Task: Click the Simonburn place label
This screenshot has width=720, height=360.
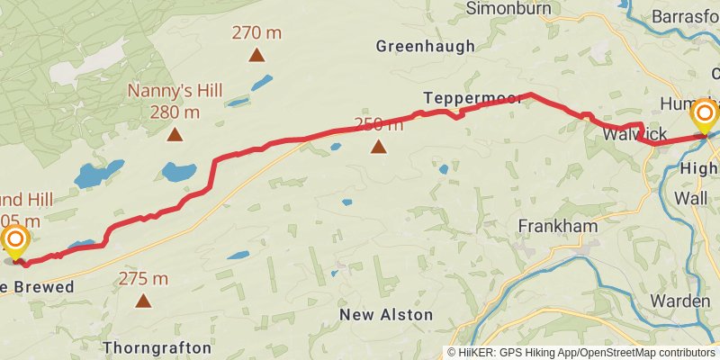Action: tap(508, 8)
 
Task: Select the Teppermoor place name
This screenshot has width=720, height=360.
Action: tap(472, 97)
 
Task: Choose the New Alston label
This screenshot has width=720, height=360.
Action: tap(386, 315)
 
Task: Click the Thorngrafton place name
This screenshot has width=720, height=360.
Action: tap(157, 347)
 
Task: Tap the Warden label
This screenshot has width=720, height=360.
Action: tap(680, 301)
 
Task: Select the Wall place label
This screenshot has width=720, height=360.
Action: tap(691, 197)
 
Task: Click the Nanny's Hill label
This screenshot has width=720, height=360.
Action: tap(175, 91)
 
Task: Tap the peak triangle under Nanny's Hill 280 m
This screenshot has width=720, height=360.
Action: tap(175, 136)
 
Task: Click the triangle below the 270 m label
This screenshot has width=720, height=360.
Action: tap(257, 55)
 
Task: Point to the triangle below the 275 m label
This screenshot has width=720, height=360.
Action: tap(143, 301)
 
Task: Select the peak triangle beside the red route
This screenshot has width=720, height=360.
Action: tap(379, 146)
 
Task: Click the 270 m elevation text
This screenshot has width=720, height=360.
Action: tap(257, 33)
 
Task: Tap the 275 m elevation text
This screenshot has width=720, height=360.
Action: tap(143, 279)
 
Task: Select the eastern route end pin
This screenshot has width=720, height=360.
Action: tap(704, 114)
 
